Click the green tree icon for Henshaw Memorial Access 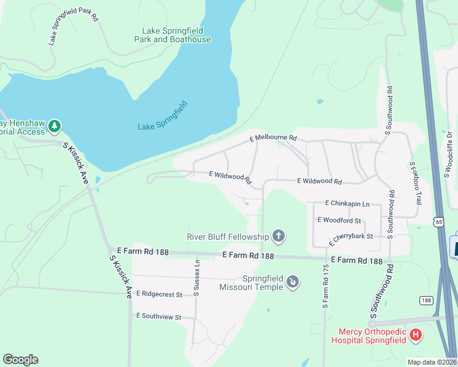tap(55, 126)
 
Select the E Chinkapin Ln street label tap(348, 203)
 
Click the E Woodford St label tap(339, 220)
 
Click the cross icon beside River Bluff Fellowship tap(279, 235)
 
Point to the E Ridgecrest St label tap(159, 294)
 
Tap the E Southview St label tap(159, 317)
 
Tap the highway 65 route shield tap(439, 223)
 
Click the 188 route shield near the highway tap(427, 300)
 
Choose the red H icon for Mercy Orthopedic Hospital tap(416, 335)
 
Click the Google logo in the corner tap(20, 360)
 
